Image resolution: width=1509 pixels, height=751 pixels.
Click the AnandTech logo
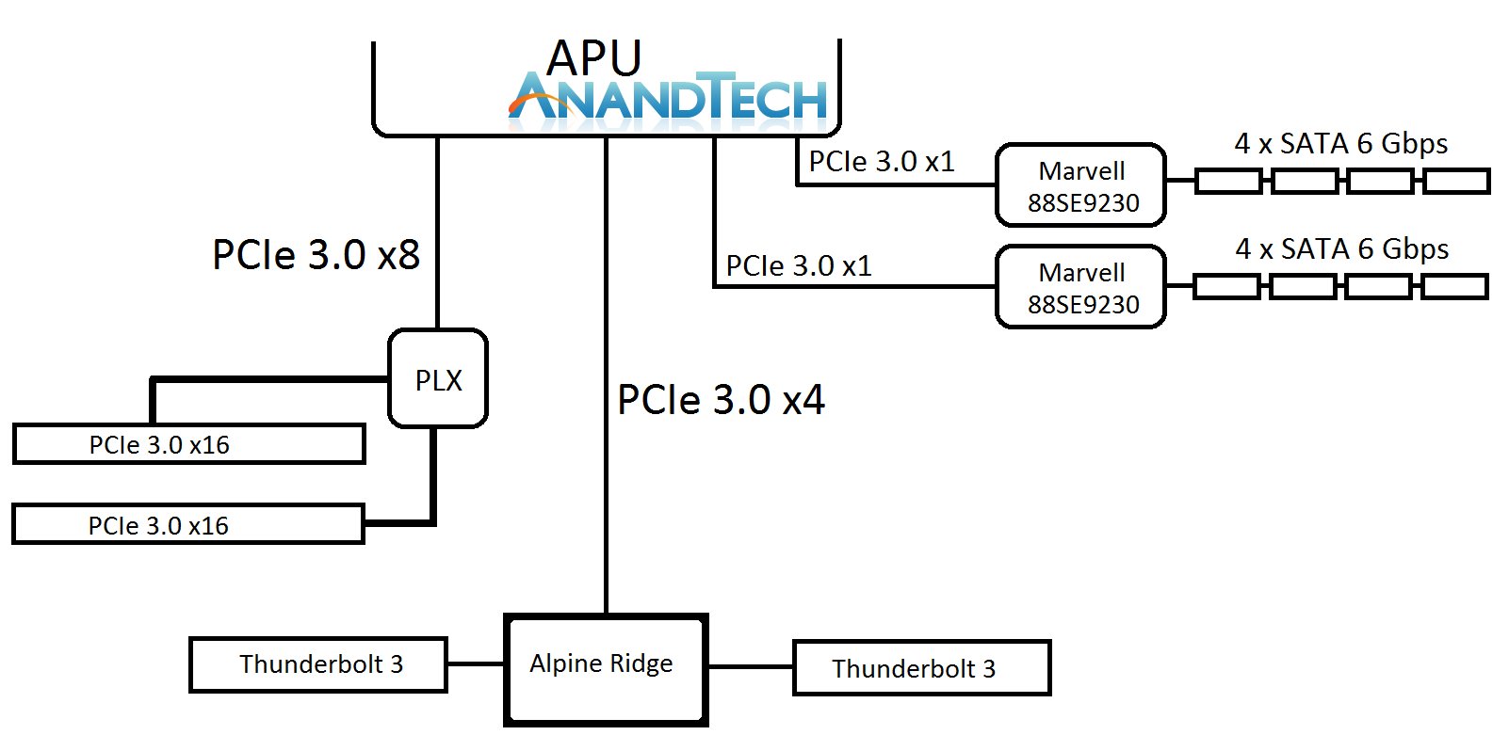click(668, 96)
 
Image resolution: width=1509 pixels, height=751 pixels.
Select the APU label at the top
click(593, 57)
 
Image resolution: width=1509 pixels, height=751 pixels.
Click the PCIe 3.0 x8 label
click(316, 254)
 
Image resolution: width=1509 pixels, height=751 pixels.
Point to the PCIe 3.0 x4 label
click(721, 400)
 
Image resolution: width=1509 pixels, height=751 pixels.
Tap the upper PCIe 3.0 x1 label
click(882, 162)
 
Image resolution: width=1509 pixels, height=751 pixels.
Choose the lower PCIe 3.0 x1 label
click(799, 265)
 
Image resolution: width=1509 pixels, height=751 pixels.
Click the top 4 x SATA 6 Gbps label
click(1341, 143)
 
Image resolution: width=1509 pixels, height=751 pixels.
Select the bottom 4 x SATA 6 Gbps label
click(1342, 249)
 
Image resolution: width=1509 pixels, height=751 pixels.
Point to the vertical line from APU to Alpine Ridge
click(607, 375)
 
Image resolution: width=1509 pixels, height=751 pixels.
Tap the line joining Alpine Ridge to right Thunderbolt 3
click(751, 667)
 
